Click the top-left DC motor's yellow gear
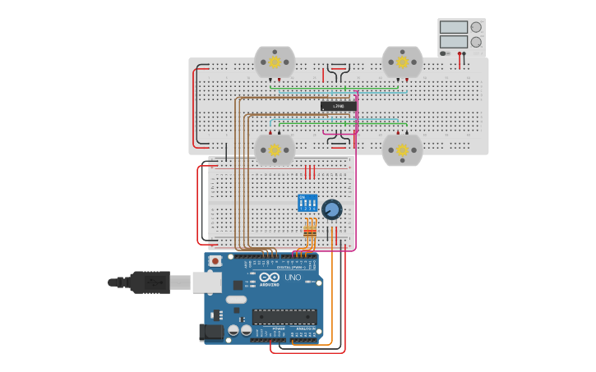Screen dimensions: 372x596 274,62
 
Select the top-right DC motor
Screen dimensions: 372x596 402,62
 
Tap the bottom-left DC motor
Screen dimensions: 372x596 274,150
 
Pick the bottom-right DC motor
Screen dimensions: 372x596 402,150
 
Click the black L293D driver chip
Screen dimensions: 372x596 338,106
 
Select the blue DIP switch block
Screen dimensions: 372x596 307,203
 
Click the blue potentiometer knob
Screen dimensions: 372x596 331,209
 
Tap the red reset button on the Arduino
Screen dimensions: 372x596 215,261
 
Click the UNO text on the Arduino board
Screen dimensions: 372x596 293,278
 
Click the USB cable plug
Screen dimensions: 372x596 148,282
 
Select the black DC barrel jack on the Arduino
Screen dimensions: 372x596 211,332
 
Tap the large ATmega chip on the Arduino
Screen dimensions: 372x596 284,316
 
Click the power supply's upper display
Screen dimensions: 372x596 453,27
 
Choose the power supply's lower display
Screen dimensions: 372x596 453,42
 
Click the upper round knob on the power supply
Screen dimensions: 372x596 476,27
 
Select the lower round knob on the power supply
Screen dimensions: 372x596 476,42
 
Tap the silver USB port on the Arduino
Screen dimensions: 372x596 207,282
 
